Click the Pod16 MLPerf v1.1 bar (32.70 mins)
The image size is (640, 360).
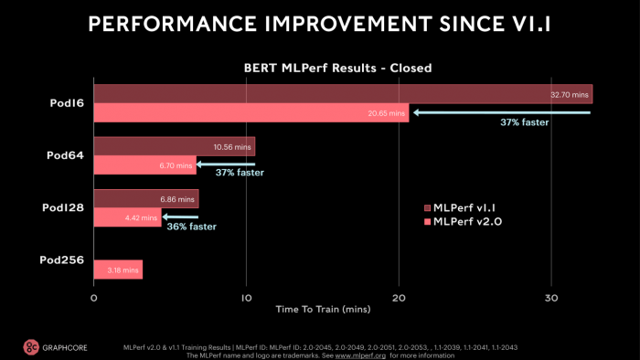343,94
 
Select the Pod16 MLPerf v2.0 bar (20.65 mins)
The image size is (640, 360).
251,112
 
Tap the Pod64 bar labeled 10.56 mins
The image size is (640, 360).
174,147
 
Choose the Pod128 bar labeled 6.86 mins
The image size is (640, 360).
146,199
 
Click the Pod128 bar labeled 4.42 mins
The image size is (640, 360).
128,217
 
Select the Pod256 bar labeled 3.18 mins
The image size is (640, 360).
118,270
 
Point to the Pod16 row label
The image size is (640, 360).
66,103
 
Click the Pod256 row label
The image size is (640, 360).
62,260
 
